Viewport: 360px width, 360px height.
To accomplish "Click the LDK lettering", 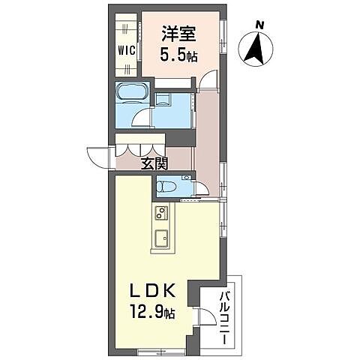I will click(x=154, y=290).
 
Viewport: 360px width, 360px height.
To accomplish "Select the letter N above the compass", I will click(x=259, y=25).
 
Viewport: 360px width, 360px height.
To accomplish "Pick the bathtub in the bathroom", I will click(x=133, y=94).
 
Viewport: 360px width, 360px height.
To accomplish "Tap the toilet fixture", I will click(x=169, y=187).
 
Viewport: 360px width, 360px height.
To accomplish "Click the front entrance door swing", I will click(x=98, y=156).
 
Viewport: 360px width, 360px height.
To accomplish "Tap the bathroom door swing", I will click(x=142, y=116).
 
